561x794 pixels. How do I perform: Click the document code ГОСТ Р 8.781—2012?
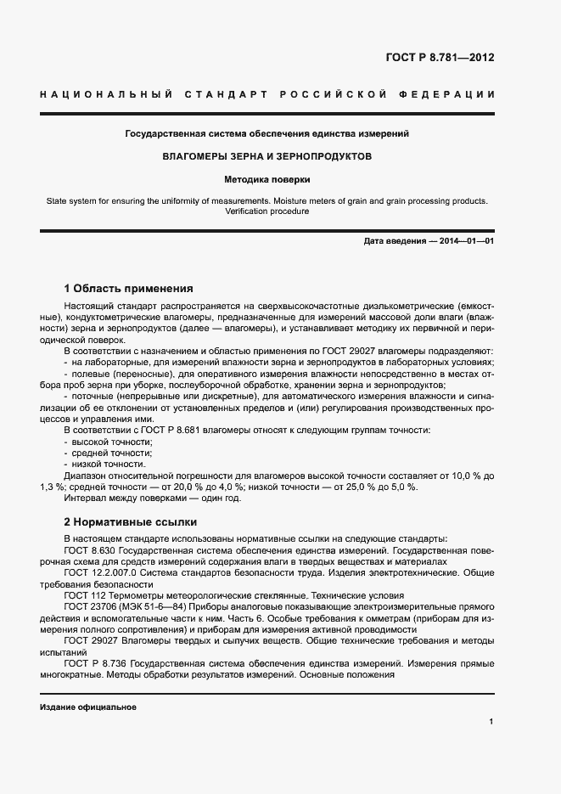[440, 58]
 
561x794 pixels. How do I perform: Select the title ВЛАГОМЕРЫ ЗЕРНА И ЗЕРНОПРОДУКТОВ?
[267, 157]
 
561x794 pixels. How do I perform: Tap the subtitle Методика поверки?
[267, 180]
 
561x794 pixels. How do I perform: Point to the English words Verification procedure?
[267, 211]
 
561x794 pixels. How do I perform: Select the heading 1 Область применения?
[129, 288]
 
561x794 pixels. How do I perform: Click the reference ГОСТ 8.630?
[84, 551]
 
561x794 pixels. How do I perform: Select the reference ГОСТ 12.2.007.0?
[95, 573]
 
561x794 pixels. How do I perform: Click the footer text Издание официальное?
[88, 707]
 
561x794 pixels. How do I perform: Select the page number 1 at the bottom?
[491, 722]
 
